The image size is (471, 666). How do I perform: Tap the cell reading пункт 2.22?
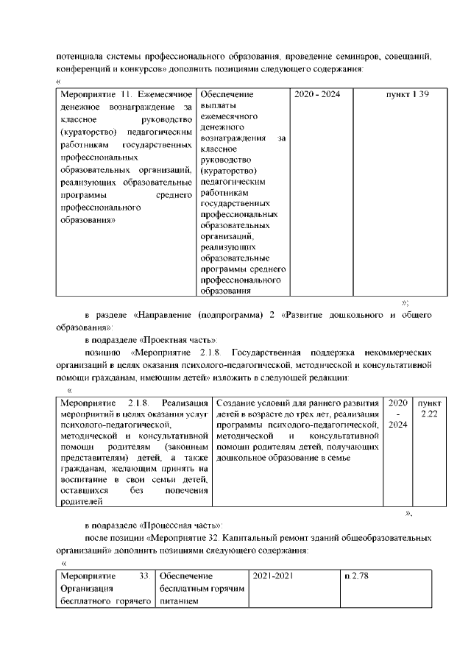[429, 409]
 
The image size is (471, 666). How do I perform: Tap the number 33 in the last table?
[145, 576]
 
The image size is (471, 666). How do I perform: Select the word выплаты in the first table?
[216, 107]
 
